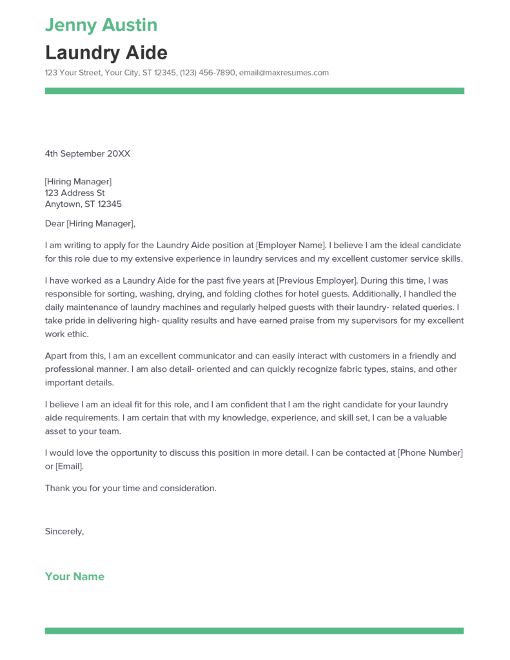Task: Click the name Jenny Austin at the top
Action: click(x=101, y=25)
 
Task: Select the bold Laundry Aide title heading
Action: click(x=106, y=52)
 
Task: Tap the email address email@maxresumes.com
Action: click(x=284, y=73)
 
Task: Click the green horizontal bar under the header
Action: click(x=254, y=91)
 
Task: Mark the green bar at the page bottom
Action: click(x=254, y=630)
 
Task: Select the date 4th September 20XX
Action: click(x=87, y=153)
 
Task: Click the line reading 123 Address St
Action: click(x=74, y=193)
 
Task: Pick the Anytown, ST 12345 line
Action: click(x=83, y=204)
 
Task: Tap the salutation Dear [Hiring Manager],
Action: click(x=90, y=224)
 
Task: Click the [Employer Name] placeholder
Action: click(x=291, y=245)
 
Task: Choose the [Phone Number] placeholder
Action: click(x=430, y=452)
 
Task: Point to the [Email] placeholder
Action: click(x=70, y=466)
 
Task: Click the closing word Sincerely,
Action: click(x=64, y=532)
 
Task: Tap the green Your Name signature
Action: click(x=74, y=576)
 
